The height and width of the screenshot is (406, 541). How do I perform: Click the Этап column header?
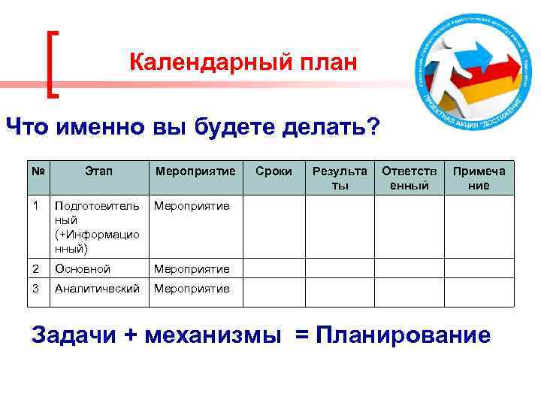(98, 171)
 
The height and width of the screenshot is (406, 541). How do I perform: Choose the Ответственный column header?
(409, 178)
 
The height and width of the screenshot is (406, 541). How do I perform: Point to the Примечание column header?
(479, 178)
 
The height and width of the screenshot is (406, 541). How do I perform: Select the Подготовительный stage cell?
(97, 226)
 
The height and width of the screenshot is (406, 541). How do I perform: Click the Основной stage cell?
(83, 268)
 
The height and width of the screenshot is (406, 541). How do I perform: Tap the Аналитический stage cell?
(97, 289)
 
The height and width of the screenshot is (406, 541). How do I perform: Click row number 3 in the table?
(36, 289)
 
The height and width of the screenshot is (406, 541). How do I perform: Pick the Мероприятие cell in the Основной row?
(192, 268)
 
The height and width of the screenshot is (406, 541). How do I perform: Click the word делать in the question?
(331, 126)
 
